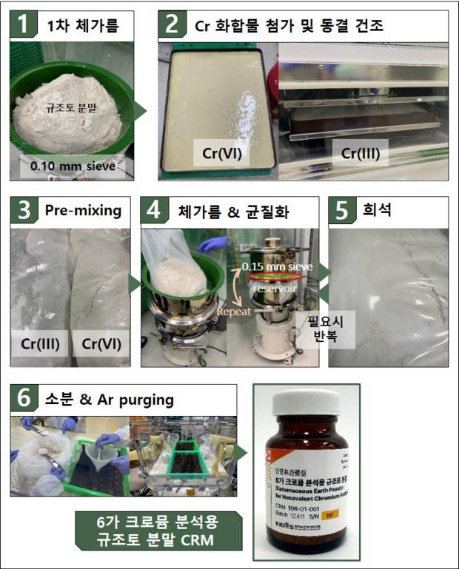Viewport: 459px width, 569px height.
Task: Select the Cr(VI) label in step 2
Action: [x=223, y=155]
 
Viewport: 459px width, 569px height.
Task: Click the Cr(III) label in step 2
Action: [x=363, y=155]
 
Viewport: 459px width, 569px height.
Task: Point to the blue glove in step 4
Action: [x=213, y=243]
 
